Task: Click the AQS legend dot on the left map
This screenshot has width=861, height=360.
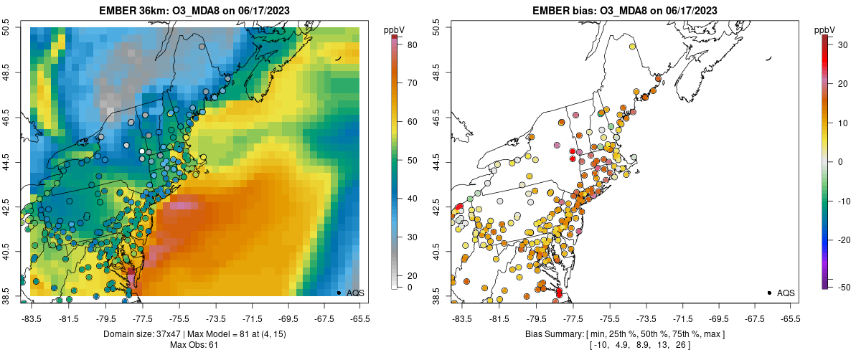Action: (339, 293)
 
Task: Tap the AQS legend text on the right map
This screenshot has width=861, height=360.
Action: (786, 293)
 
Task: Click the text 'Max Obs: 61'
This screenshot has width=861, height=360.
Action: (194, 346)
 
